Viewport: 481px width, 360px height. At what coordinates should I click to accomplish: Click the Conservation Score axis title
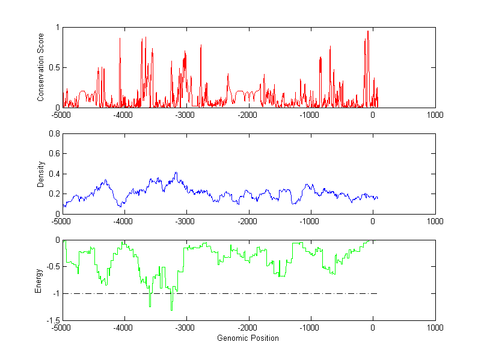(40, 67)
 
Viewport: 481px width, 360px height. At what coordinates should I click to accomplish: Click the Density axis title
(40, 174)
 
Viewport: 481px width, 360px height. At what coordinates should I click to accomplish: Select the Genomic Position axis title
(248, 338)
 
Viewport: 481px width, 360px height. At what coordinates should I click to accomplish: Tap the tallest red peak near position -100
(368, 31)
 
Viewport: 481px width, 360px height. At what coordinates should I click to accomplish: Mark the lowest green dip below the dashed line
(171, 310)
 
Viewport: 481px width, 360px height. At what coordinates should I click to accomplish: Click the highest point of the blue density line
(176, 172)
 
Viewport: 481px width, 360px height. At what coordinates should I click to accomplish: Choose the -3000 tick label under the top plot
(185, 114)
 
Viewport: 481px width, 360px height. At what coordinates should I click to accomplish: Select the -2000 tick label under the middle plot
(248, 221)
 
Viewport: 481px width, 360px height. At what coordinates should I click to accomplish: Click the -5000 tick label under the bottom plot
(61, 328)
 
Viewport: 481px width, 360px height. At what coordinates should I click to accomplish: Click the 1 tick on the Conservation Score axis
(58, 27)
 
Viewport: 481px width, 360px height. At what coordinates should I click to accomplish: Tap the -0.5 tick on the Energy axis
(54, 267)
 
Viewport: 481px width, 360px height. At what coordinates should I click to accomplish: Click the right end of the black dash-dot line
(377, 294)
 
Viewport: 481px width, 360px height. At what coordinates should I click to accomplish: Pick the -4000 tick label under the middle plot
(123, 221)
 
